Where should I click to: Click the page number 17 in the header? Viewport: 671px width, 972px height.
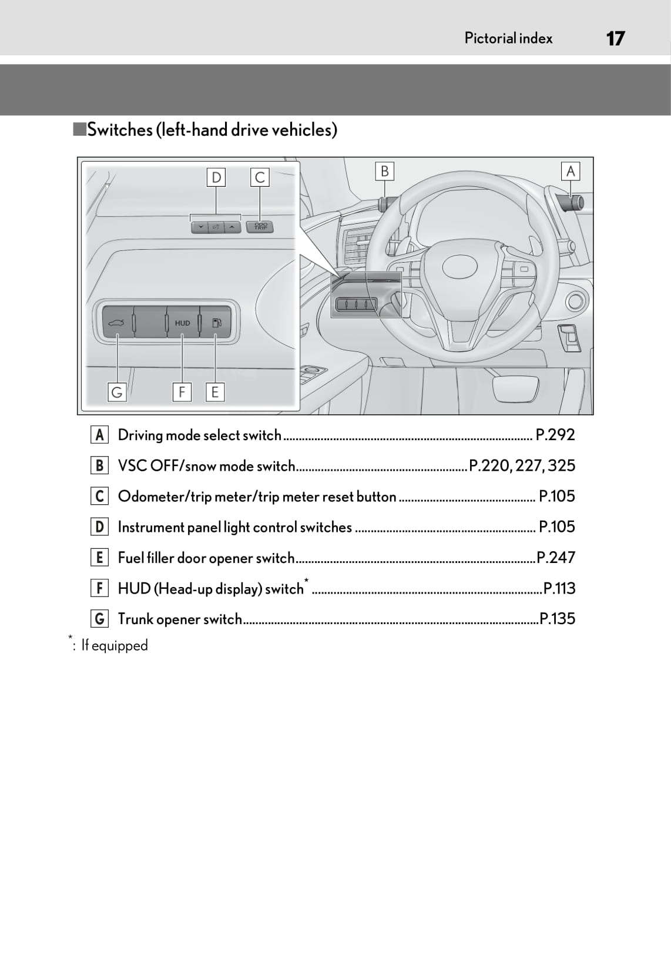pos(615,39)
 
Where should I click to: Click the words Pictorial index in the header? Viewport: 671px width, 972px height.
pos(508,39)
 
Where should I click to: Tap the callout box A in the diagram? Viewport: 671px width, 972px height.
pos(570,171)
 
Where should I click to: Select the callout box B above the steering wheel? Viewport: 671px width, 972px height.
pos(384,171)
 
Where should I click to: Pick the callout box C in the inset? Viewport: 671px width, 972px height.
pos(260,177)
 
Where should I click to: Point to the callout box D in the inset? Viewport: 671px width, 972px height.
pos(216,177)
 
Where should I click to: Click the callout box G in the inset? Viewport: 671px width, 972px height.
pos(117,392)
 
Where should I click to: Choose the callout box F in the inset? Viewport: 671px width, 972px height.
pos(182,392)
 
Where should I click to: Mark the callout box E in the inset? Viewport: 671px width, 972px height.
pos(215,392)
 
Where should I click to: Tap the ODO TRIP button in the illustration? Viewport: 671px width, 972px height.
pos(260,226)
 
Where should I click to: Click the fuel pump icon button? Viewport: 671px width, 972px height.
pos(216,323)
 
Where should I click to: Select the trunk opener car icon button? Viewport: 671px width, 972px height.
pos(116,323)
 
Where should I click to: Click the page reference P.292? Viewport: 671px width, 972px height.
pos(555,435)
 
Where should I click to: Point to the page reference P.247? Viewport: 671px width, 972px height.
pos(556,557)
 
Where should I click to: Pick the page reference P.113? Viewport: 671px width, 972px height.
pos(559,588)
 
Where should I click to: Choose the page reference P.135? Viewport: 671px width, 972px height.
pos(557,619)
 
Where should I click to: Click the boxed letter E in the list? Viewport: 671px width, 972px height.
pos(99,557)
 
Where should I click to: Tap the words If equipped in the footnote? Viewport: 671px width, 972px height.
pos(115,645)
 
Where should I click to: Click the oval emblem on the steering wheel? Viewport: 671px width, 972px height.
pos(459,267)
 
